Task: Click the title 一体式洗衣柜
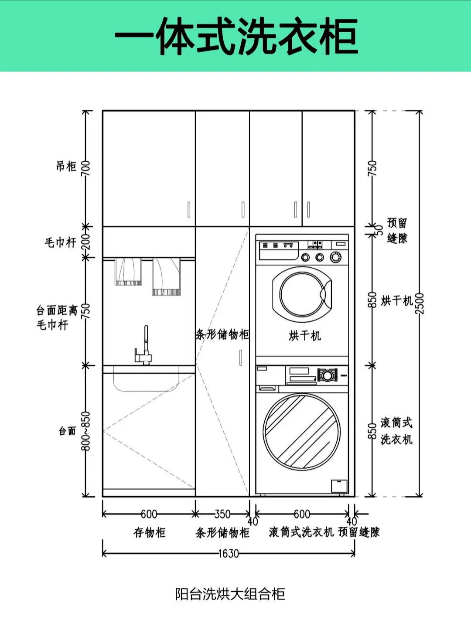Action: tap(236, 37)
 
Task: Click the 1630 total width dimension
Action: tap(229, 553)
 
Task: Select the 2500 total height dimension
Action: tap(420, 303)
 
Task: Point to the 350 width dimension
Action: tap(222, 514)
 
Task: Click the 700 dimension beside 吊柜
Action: tap(86, 168)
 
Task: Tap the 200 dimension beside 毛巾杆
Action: tap(86, 242)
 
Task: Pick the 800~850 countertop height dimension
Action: tap(86, 431)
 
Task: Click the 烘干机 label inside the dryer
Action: tap(304, 335)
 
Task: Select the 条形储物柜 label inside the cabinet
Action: tap(222, 334)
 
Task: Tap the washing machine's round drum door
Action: tap(302, 432)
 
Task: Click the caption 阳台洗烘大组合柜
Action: tap(230, 594)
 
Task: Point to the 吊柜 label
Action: tap(66, 166)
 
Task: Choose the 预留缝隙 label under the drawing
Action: tap(359, 532)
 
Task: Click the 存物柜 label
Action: tap(149, 532)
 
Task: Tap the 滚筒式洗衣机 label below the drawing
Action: tap(301, 532)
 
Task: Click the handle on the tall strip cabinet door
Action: tap(240, 358)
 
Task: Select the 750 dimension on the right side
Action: tap(372, 168)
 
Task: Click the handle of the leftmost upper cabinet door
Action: tap(189, 209)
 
